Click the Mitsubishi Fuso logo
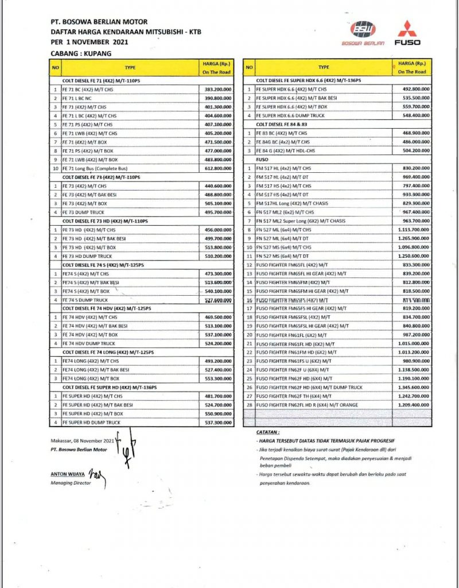pos(407,33)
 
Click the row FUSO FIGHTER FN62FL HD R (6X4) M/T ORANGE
pos(308,405)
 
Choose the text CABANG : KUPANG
pos(81,53)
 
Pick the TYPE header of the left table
pos(130,67)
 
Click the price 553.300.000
pos(217,379)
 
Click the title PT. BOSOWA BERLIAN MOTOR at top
pos(99,22)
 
